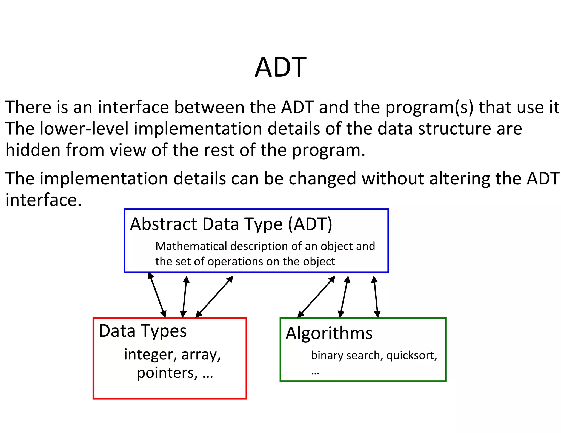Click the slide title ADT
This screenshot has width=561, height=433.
[280, 67]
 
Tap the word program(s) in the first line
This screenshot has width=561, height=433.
[429, 108]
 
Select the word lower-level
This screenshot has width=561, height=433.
[84, 129]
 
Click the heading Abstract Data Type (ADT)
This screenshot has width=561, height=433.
[231, 224]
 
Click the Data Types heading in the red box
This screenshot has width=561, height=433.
[142, 331]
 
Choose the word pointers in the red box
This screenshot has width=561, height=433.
[167, 373]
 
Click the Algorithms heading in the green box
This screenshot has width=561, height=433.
[329, 333]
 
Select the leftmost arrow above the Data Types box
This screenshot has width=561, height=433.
[157, 295]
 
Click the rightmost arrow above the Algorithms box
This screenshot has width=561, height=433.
[376, 297]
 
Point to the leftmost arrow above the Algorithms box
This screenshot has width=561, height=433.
[316, 297]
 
